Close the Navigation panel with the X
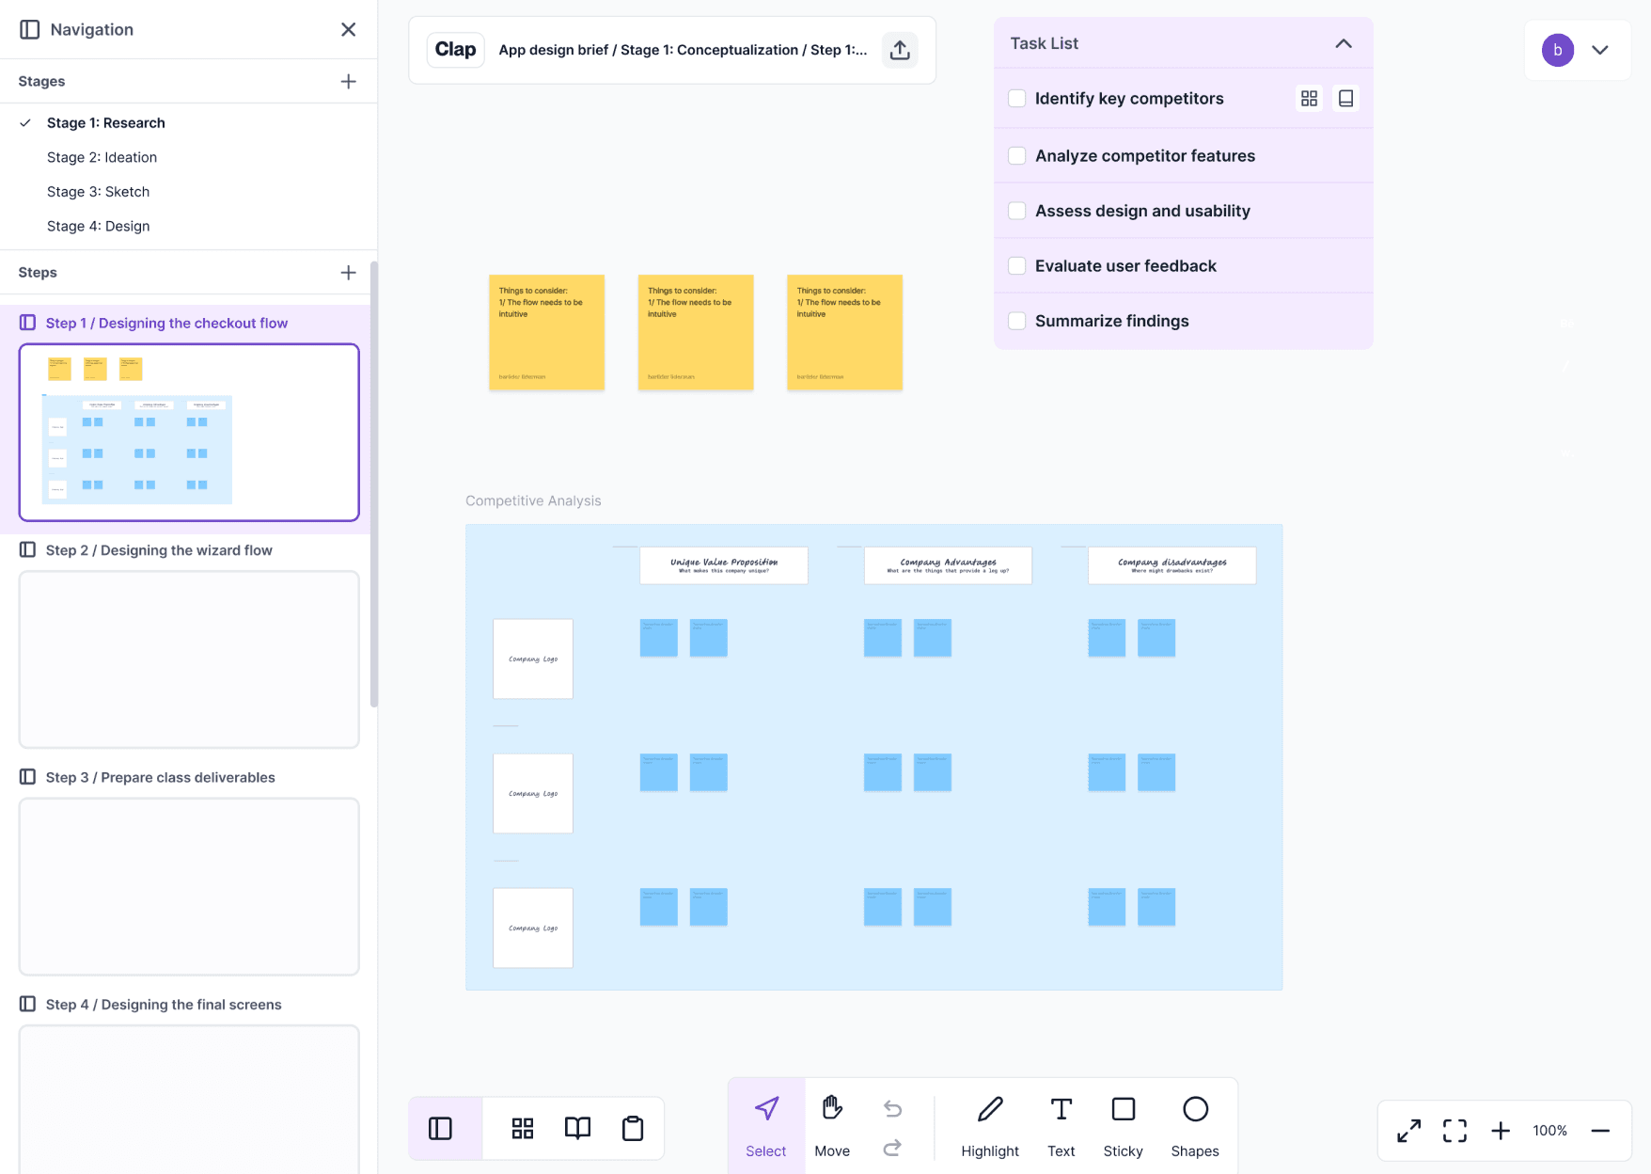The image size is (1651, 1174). point(348,29)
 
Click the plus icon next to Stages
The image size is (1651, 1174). point(348,82)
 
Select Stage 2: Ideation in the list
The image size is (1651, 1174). point(102,157)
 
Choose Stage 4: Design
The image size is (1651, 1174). point(98,226)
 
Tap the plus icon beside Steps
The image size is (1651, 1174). point(348,273)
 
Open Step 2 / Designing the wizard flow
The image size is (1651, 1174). point(159,550)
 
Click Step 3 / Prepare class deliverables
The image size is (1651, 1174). point(160,777)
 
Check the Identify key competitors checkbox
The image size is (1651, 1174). point(1016,99)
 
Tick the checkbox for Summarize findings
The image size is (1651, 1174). point(1016,321)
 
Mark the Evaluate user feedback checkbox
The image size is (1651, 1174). point(1016,266)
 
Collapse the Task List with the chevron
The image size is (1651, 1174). point(1344,43)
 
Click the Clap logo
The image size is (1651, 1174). point(455,50)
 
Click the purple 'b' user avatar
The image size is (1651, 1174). point(1557,50)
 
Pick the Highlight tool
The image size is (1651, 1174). point(989,1125)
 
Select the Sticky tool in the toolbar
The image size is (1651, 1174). point(1123,1125)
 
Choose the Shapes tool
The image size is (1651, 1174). point(1194,1125)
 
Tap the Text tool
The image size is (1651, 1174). point(1061,1125)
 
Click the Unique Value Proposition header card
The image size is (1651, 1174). point(723,565)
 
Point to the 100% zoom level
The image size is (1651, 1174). point(1549,1131)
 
